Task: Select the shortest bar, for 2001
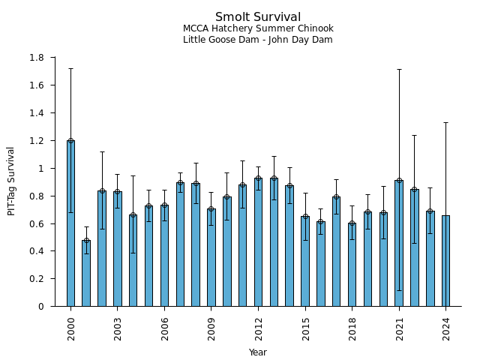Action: [x=86, y=273]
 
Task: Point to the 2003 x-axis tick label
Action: [x=118, y=328]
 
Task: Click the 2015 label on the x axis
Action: [x=305, y=328]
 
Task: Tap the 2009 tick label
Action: [x=211, y=328]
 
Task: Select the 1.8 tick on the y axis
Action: [x=36, y=58]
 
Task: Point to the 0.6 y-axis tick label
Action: [x=36, y=223]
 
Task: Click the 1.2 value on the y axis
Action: [x=36, y=141]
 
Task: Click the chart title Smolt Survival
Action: [x=258, y=17]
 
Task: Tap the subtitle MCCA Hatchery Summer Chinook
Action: [x=258, y=28]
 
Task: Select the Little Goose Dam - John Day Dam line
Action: [x=258, y=40]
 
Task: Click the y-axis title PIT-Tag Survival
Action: [x=11, y=181]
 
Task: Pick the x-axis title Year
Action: [x=258, y=352]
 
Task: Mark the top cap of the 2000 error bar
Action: [x=70, y=69]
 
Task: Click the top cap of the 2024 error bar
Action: [x=445, y=122]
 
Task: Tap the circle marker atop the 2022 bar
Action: [x=415, y=190]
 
